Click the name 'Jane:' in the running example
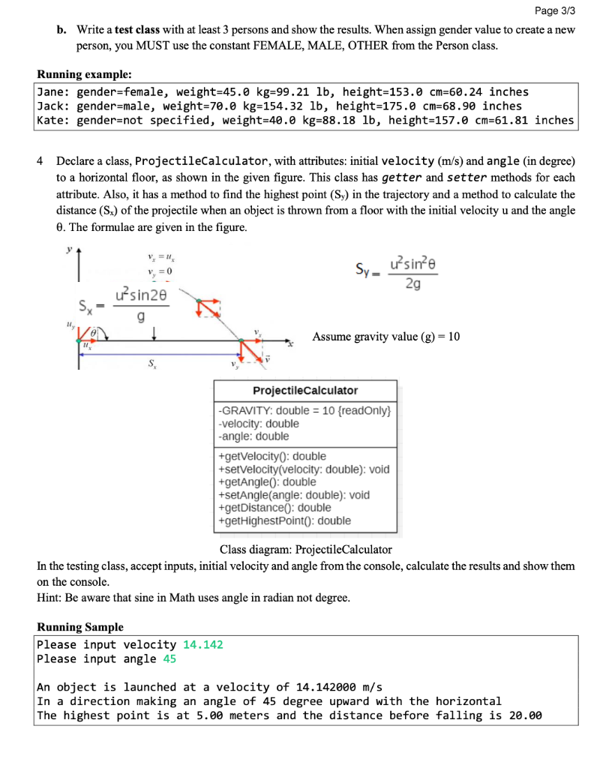[52, 91]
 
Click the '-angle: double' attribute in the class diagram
[253, 436]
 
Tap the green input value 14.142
[202, 644]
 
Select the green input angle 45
[169, 658]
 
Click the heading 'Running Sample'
[80, 627]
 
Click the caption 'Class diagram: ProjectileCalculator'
[305, 550]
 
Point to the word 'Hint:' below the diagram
[49, 598]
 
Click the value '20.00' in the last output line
[525, 715]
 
